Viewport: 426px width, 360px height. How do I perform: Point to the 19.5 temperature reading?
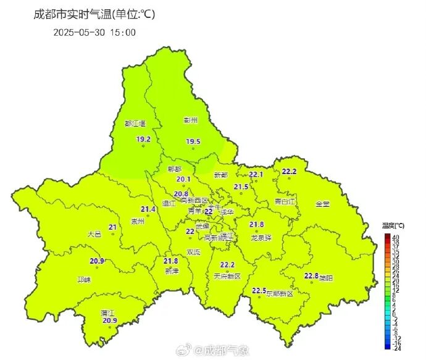pyautogui.click(x=193, y=141)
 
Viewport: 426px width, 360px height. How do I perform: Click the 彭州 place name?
pyautogui.click(x=190, y=120)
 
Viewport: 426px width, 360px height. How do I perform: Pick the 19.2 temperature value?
pyautogui.click(x=143, y=139)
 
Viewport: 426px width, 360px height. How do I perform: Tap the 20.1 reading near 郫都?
pyautogui.click(x=183, y=179)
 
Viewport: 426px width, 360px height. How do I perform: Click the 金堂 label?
pyautogui.click(x=323, y=204)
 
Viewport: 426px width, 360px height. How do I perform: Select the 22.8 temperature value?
pyautogui.click(x=311, y=275)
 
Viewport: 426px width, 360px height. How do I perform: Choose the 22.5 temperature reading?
pyautogui.click(x=259, y=290)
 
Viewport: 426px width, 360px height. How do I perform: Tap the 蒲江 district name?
pyautogui.click(x=107, y=313)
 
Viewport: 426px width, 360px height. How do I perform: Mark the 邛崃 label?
pyautogui.click(x=83, y=280)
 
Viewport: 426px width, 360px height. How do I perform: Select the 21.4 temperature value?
pyautogui.click(x=148, y=209)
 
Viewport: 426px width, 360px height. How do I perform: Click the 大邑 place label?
pyautogui.click(x=94, y=234)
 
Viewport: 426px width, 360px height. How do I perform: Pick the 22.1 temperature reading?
pyautogui.click(x=256, y=175)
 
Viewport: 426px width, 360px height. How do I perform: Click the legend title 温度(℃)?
pyautogui.click(x=393, y=225)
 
